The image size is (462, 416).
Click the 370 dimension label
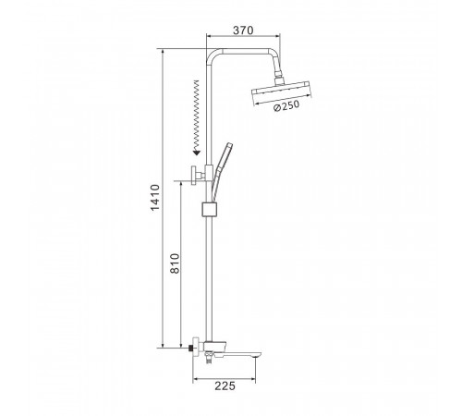tap(243, 31)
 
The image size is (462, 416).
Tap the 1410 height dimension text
tap(155, 198)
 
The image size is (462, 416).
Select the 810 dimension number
tap(175, 263)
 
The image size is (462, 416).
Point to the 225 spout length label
tap(225, 385)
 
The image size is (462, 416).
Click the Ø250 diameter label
tap(286, 106)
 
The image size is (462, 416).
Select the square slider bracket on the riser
tap(210, 210)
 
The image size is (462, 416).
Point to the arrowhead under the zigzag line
tap(196, 152)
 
